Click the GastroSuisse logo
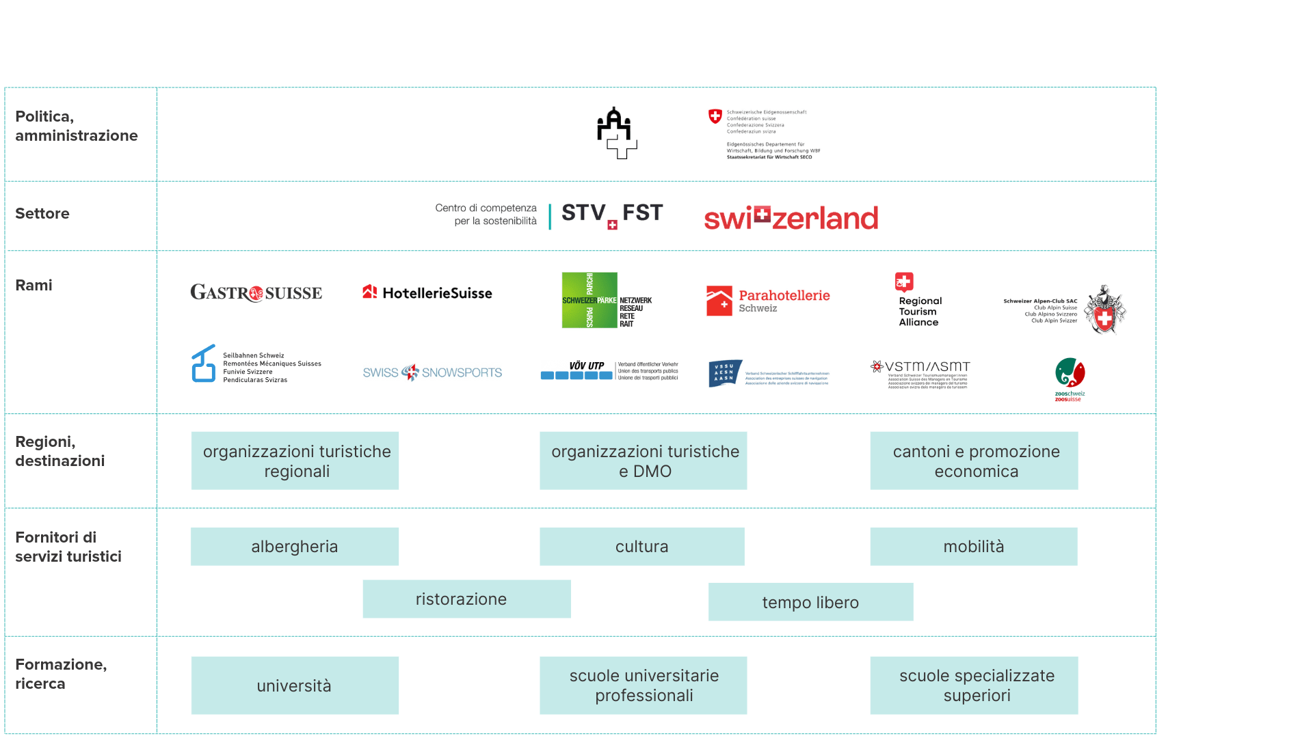pos(256,293)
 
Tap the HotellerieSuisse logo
pos(427,293)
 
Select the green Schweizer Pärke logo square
pos(589,300)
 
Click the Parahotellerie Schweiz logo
pos(768,301)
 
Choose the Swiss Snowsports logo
pos(432,372)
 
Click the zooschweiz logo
pos(1070,379)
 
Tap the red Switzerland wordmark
pos(791,218)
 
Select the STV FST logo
pos(612,215)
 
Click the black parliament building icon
pos(616,133)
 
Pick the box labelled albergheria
pos(295,547)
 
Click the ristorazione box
pos(466,599)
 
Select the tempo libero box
pos(810,602)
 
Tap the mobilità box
pos(974,547)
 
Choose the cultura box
pos(641,547)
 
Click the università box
pos(295,685)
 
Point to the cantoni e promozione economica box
pos(974,461)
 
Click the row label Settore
pos(42,214)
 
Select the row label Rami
pos(34,286)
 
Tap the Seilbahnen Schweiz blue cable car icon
pos(203,364)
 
